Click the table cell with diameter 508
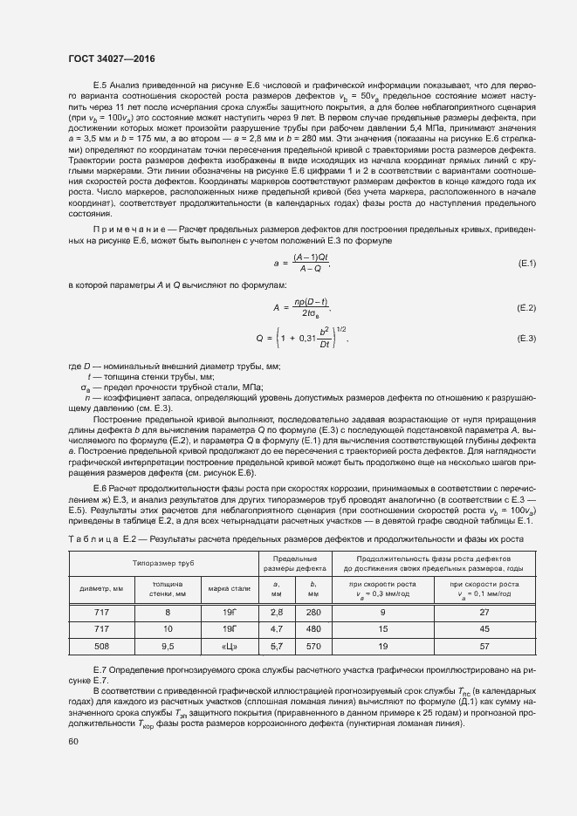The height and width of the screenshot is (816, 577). coord(101,647)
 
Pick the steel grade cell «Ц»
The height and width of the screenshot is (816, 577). coord(230,647)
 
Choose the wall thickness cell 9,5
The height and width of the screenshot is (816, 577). coord(168,647)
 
